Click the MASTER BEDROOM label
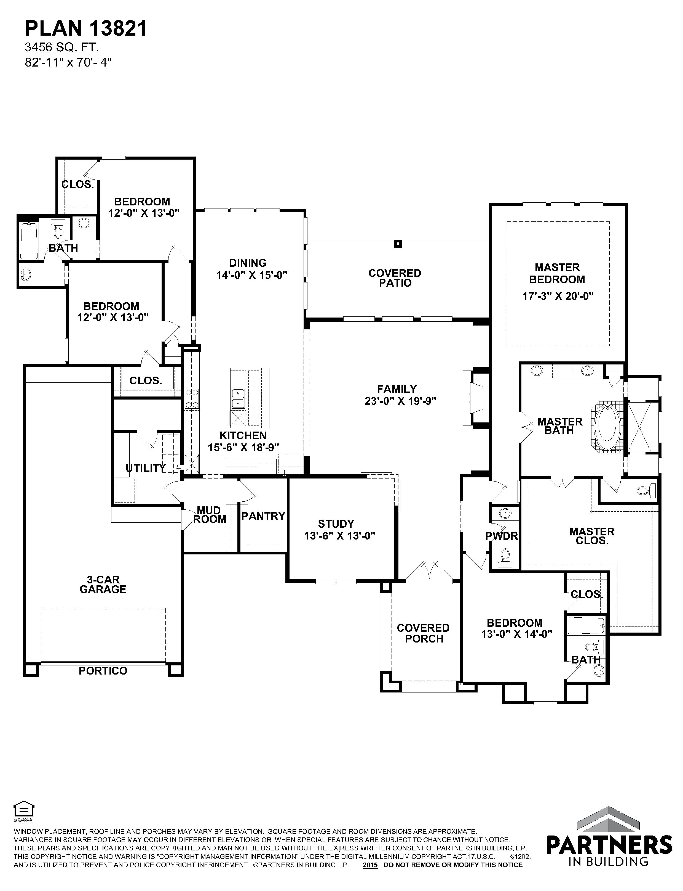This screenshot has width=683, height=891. [557, 274]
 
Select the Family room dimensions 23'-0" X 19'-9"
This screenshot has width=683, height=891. [400, 401]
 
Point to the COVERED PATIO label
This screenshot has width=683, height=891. [395, 278]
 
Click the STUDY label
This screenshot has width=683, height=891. [336, 524]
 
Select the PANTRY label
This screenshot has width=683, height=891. [263, 516]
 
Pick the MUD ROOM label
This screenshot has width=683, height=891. [209, 515]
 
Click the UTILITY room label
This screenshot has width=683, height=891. [146, 468]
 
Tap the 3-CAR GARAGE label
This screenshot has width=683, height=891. [103, 585]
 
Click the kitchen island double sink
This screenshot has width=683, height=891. [237, 398]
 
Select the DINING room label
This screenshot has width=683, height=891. [248, 263]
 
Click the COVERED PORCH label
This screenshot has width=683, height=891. [423, 633]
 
